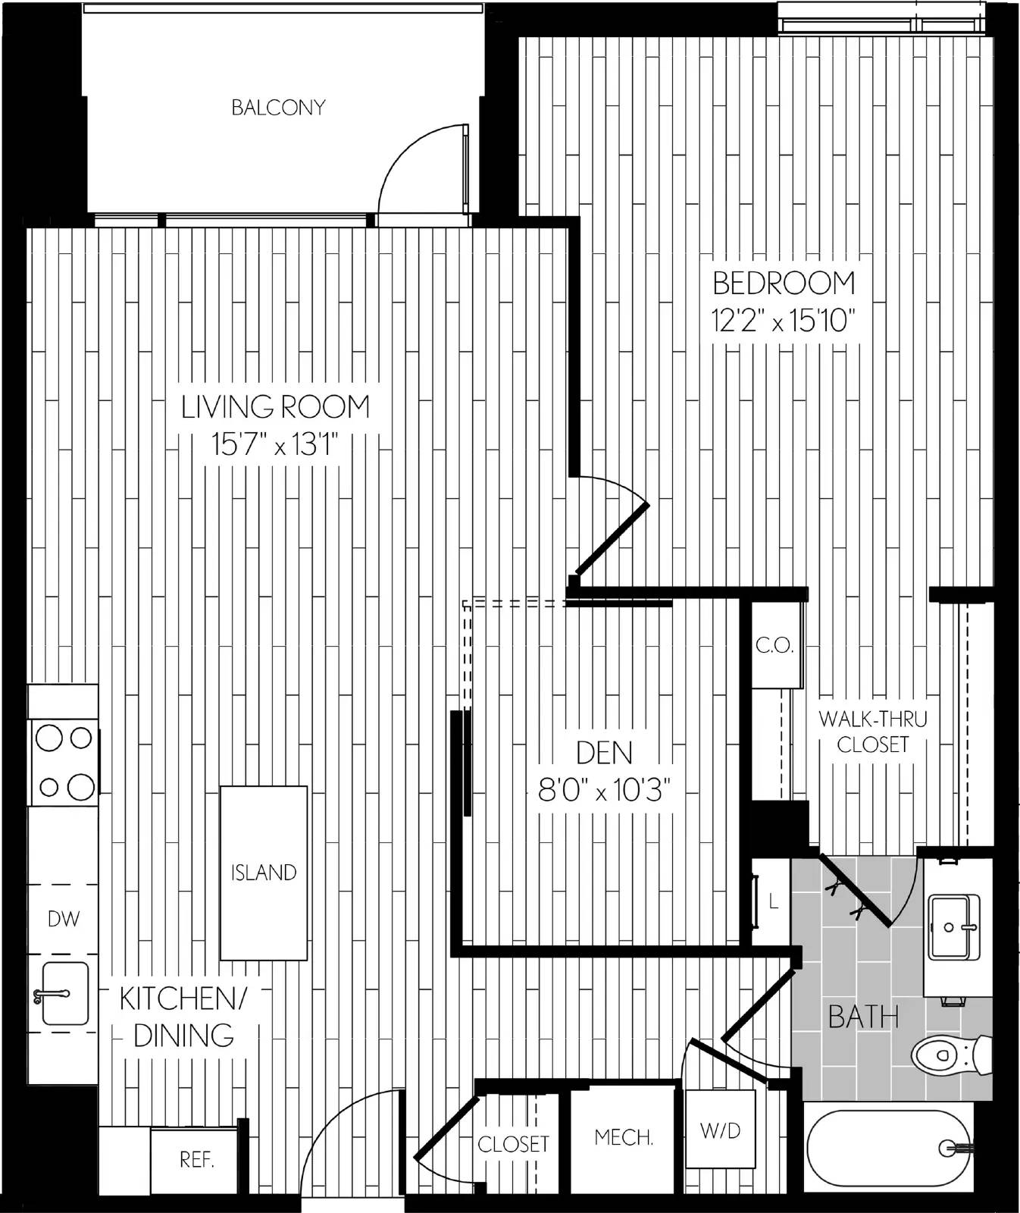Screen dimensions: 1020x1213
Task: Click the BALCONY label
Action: pos(278,108)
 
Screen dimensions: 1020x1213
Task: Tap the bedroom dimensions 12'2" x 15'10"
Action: pos(784,321)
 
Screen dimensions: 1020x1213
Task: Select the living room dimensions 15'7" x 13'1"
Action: pos(274,445)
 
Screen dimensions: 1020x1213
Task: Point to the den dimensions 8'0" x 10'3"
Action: pos(605,791)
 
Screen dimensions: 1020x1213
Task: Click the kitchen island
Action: pos(264,873)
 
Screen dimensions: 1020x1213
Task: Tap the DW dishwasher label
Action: pos(64,920)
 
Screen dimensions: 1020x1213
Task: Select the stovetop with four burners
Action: pos(64,763)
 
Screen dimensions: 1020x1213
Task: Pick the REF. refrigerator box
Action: pos(196,1160)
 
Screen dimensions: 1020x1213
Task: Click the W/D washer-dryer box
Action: pos(720,1130)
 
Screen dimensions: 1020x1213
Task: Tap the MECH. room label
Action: pos(624,1137)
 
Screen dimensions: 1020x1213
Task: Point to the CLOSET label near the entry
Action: pos(513,1143)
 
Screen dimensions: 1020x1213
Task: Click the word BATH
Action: pos(864,1017)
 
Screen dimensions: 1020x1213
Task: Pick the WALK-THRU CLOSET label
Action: pos(873,731)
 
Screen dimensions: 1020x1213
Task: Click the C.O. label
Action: pos(774,646)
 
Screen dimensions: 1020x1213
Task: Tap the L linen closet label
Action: pos(774,901)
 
